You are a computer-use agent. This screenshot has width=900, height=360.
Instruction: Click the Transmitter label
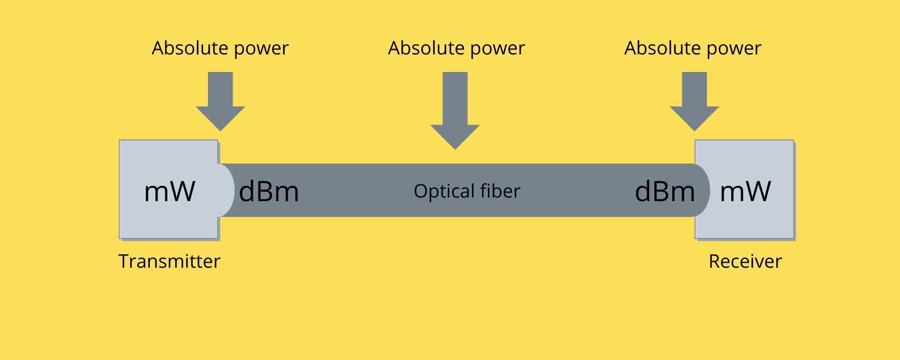tap(169, 261)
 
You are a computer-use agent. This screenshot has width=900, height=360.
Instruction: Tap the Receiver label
tap(745, 261)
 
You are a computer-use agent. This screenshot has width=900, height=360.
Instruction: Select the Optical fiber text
tap(467, 191)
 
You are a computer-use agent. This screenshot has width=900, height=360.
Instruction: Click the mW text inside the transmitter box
tap(170, 191)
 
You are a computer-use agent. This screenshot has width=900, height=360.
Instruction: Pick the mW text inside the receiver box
tap(746, 191)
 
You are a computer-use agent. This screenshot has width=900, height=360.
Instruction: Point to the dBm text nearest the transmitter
tap(269, 191)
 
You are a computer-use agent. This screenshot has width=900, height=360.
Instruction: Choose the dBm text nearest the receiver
tap(665, 191)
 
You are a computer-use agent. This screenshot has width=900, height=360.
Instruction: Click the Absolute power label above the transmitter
tap(220, 48)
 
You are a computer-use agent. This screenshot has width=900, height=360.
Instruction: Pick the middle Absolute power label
tap(456, 48)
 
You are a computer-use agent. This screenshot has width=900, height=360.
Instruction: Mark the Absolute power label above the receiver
tap(693, 48)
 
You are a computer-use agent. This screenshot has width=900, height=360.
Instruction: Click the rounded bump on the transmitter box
tap(226, 190)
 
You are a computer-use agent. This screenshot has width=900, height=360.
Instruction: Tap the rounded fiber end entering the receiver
tap(702, 190)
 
